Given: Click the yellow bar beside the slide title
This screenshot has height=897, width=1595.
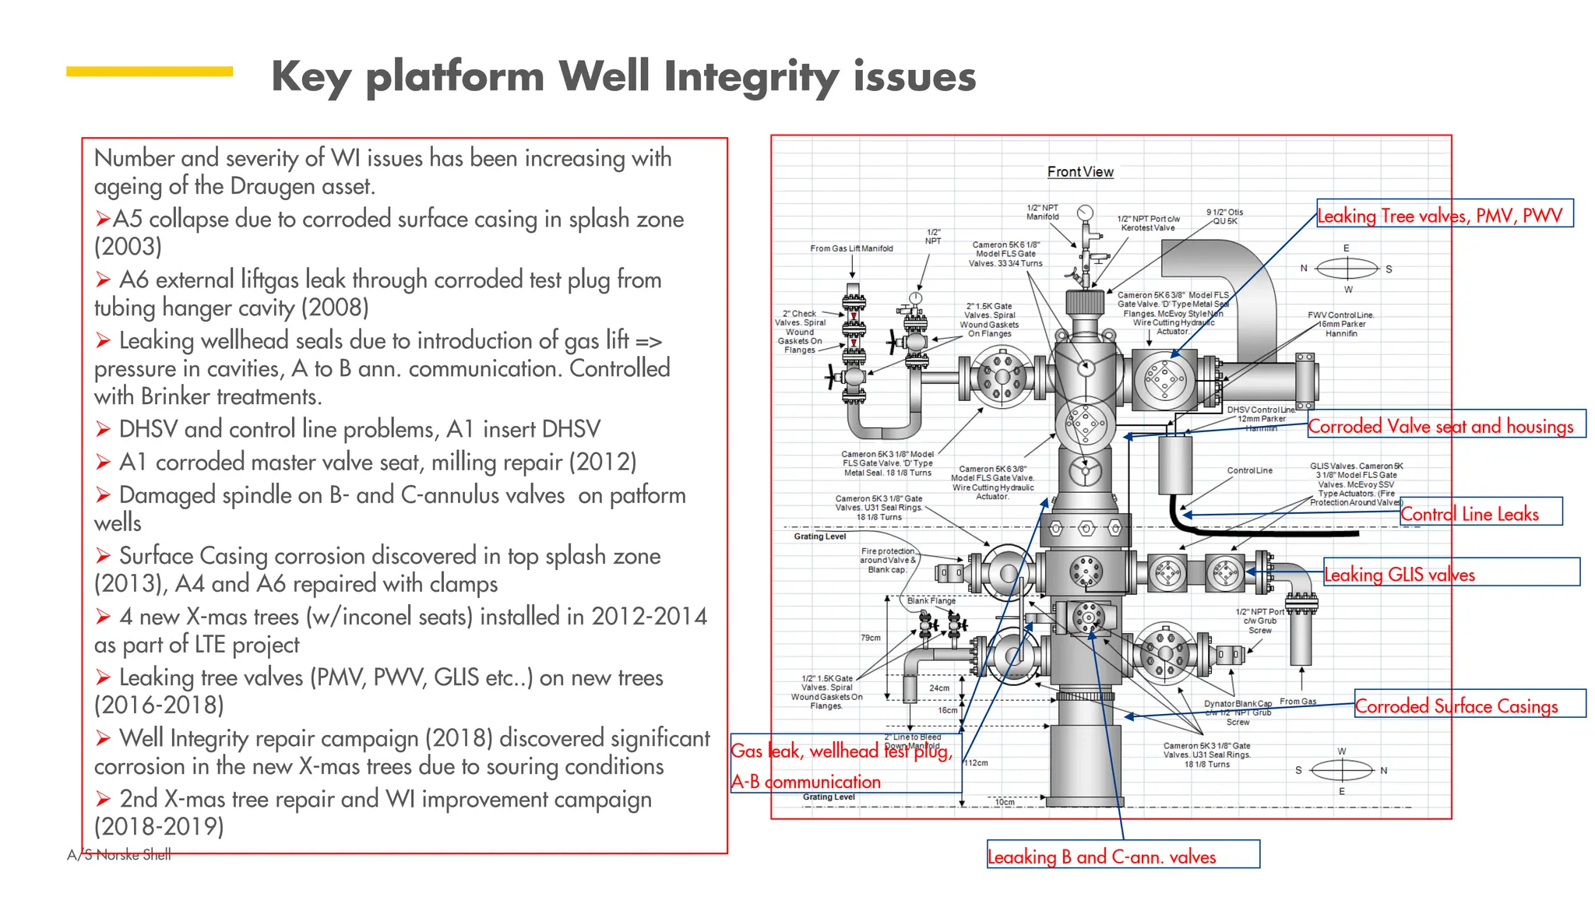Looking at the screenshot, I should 150,72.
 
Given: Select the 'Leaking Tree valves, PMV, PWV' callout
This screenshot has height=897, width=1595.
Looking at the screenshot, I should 1444,215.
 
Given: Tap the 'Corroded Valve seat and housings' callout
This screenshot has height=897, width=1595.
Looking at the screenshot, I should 1445,425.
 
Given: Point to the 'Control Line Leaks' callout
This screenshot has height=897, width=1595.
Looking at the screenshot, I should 1480,512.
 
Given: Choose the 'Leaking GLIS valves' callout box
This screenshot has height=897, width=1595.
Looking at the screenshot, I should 1451,573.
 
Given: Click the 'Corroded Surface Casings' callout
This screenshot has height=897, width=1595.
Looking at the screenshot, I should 1469,705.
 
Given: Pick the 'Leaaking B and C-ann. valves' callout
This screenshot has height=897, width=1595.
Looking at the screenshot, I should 1122,855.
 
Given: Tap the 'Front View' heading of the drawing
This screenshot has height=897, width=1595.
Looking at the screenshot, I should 1080,172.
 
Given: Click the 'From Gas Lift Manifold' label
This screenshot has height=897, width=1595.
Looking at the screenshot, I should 851,248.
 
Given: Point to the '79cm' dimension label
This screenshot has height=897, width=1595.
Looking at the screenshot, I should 871,638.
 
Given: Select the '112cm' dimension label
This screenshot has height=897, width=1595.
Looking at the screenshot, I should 976,763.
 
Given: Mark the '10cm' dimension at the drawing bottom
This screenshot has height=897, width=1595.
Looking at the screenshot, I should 1005,802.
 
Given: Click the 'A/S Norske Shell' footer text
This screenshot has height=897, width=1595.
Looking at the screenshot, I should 118,855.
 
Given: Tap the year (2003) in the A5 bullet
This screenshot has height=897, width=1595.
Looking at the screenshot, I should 129,247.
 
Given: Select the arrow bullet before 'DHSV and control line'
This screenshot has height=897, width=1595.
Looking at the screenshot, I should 103,429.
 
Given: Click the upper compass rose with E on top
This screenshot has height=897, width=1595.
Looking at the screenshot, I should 1347,269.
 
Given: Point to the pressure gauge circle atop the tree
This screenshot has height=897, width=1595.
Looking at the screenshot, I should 1085,213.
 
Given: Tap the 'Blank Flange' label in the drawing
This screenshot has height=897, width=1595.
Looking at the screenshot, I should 931,600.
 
